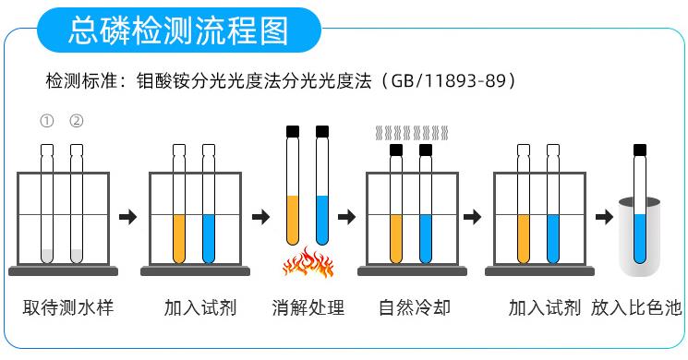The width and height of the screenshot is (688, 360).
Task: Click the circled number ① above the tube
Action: coord(46,122)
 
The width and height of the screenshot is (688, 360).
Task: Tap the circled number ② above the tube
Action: coord(77,122)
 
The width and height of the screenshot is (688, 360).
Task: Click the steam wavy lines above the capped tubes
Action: coord(410,133)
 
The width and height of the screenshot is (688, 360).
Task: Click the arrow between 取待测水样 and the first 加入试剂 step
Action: coord(128,217)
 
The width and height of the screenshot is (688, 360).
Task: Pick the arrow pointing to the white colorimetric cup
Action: coord(603,217)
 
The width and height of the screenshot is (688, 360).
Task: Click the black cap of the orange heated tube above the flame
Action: coord(293,131)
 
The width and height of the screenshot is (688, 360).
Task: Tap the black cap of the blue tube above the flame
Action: coord(322,131)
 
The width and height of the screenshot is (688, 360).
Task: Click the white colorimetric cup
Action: coord(639,240)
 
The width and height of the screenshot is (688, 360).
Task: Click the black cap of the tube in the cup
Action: coord(639,149)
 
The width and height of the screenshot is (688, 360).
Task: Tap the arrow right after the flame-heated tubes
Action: coord(347,217)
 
